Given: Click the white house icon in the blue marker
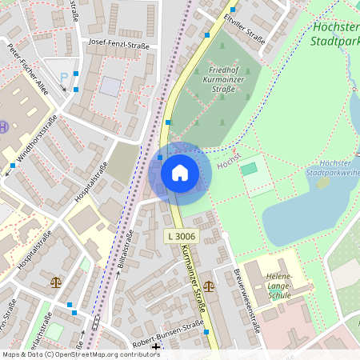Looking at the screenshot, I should click(x=180, y=173).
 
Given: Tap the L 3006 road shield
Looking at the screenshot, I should click(x=181, y=236).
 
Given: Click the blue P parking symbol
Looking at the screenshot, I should click(x=64, y=78).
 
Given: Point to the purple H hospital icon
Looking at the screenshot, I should click(x=4, y=127).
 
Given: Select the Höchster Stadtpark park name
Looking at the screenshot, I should click(x=332, y=31).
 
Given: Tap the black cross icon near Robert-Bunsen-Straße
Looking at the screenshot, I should click(x=155, y=347).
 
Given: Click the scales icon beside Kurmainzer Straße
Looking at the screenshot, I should click(x=209, y=285).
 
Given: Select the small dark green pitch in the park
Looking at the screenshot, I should click(x=249, y=169).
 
